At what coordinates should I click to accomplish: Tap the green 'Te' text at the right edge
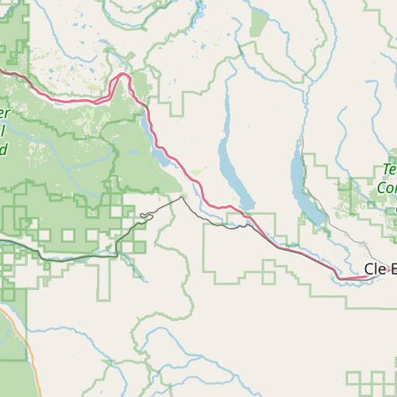point(390,169)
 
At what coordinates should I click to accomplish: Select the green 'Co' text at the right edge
point(386,188)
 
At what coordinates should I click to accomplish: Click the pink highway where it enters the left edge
point(2,71)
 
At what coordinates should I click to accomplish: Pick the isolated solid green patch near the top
point(259,26)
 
